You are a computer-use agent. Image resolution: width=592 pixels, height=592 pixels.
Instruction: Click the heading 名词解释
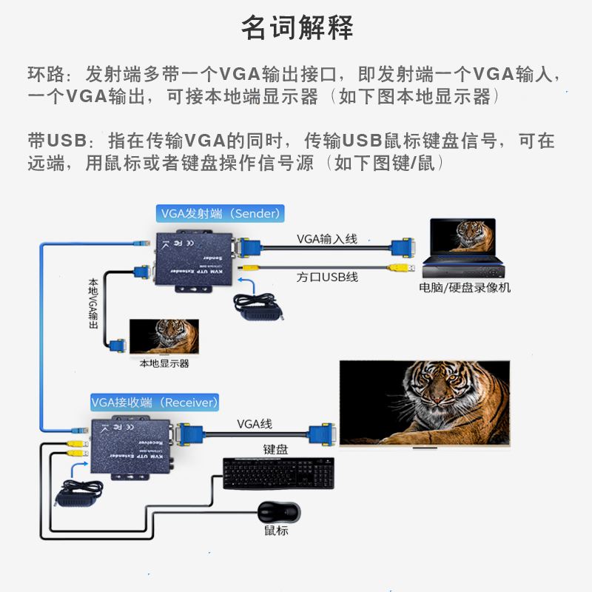click(297, 28)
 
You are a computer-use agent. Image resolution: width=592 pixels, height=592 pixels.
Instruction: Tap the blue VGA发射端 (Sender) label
click(221, 214)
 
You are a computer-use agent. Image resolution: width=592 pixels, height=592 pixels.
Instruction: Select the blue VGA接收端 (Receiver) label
click(155, 403)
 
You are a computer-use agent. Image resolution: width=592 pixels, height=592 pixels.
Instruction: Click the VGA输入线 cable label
click(326, 238)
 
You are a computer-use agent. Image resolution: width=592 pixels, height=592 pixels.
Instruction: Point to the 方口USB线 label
click(327, 277)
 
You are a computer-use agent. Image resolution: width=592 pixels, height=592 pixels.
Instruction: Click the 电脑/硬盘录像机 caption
click(465, 288)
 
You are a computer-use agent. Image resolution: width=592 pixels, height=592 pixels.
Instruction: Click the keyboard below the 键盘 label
click(278, 473)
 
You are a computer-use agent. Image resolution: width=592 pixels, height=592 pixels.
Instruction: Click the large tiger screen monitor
click(425, 403)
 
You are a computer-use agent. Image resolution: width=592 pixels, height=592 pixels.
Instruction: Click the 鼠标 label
click(276, 531)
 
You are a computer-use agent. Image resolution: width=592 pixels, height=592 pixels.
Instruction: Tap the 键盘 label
click(275, 449)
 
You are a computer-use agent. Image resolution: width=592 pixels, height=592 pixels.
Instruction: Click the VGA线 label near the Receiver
click(255, 424)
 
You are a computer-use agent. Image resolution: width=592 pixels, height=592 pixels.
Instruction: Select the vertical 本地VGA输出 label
click(93, 303)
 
